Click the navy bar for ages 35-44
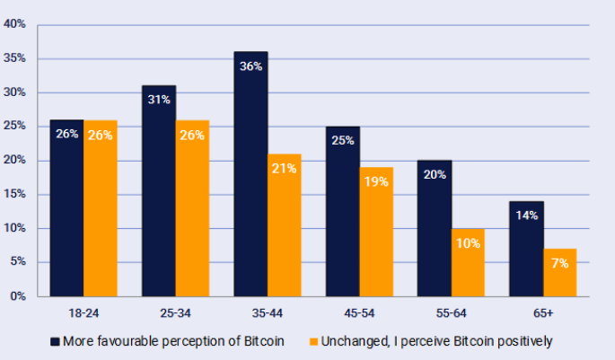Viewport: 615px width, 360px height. [x=250, y=180]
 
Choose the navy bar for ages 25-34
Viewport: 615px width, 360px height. [x=159, y=193]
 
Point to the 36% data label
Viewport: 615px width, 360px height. [x=250, y=66]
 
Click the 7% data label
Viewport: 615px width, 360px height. [x=559, y=262]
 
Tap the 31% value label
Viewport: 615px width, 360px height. [x=159, y=100]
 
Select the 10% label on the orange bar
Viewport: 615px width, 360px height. [x=468, y=242]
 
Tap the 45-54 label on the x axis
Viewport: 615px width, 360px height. [x=358, y=313]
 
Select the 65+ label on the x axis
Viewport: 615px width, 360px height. [x=542, y=313]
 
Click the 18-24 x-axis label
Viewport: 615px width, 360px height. [x=83, y=313]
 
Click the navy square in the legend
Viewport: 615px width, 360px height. [x=56, y=341]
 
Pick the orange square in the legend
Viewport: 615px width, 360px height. [x=313, y=341]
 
